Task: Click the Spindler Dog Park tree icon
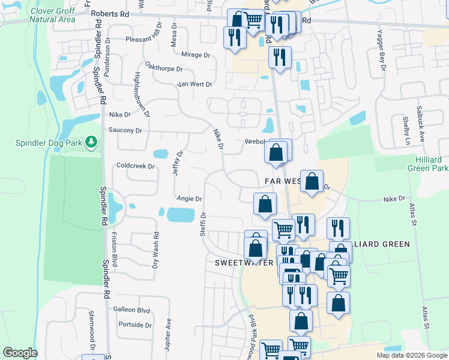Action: [x=91, y=142]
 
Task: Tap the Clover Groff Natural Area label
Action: [x=51, y=15]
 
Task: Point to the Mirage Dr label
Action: [x=195, y=55]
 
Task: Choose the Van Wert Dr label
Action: [x=194, y=85]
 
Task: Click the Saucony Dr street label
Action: [x=125, y=130]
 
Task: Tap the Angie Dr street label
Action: [x=189, y=199]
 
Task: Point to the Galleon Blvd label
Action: [x=131, y=310]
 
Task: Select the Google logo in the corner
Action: [x=20, y=353]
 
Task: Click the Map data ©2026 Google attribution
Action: [x=411, y=355]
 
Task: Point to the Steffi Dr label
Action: [x=203, y=223]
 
